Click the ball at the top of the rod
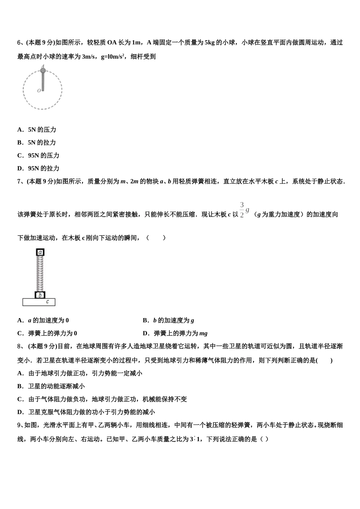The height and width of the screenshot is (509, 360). click(43, 70)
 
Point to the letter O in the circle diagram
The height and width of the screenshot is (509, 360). click(39, 91)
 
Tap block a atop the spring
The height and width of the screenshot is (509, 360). click(40, 252)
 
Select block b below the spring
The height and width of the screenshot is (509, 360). click(40, 295)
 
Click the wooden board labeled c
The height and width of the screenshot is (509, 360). click(39, 302)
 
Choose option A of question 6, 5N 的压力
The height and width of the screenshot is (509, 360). click(37, 130)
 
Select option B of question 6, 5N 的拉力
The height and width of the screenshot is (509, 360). click(37, 143)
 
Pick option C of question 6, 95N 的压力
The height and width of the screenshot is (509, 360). click(38, 156)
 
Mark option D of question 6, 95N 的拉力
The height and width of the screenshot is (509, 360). click(38, 169)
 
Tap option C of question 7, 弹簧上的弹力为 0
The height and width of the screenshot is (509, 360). click(47, 334)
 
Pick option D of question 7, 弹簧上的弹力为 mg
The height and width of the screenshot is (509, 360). click(175, 334)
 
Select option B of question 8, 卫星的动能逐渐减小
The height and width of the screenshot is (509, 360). click(51, 386)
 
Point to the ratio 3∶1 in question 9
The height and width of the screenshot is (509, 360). click(195, 439)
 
